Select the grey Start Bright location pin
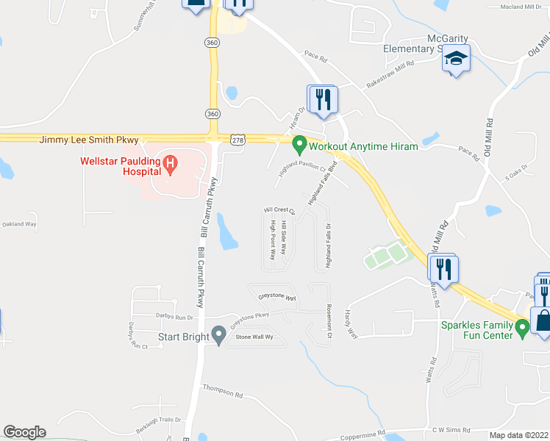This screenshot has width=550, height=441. (218, 335)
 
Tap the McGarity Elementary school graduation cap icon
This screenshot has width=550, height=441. (456, 60)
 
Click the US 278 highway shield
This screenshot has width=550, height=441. (237, 139)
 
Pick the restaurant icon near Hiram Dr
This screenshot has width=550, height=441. (323, 100)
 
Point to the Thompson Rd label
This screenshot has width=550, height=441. (222, 389)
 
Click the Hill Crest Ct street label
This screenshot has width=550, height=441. (279, 210)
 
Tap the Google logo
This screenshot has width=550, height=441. (24, 432)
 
